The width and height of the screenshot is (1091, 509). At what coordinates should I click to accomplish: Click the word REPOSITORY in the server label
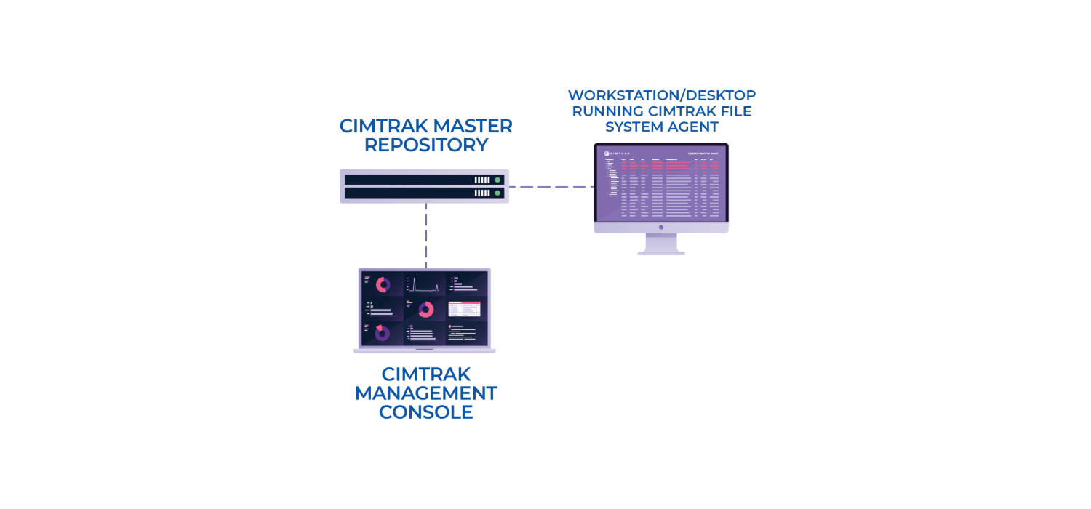(425, 145)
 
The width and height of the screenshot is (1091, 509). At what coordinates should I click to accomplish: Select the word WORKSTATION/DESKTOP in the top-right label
(661, 95)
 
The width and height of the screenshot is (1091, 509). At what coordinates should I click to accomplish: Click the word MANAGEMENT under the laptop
(425, 393)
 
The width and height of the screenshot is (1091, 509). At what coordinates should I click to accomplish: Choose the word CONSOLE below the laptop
(425, 412)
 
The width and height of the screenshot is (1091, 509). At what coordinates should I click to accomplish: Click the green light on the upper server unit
(497, 180)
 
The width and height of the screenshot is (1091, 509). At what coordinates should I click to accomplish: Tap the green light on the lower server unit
(497, 193)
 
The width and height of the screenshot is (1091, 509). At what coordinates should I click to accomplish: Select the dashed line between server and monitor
(551, 187)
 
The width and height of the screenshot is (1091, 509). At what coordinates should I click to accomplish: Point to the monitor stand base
(661, 252)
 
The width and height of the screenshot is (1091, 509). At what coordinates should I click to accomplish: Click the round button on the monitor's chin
(661, 227)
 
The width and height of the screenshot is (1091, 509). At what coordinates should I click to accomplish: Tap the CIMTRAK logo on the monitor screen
(617, 153)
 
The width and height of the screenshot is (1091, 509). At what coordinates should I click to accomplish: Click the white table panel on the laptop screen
(464, 309)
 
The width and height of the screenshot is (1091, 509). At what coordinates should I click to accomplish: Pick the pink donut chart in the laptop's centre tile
(425, 310)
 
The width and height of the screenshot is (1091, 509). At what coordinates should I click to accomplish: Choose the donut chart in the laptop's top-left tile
(383, 285)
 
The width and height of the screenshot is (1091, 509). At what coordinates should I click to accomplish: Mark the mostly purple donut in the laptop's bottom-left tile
(382, 333)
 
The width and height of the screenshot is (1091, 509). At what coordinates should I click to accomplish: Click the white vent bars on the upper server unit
(482, 180)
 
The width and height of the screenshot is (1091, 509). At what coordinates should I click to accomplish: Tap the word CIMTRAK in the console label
(425, 374)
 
